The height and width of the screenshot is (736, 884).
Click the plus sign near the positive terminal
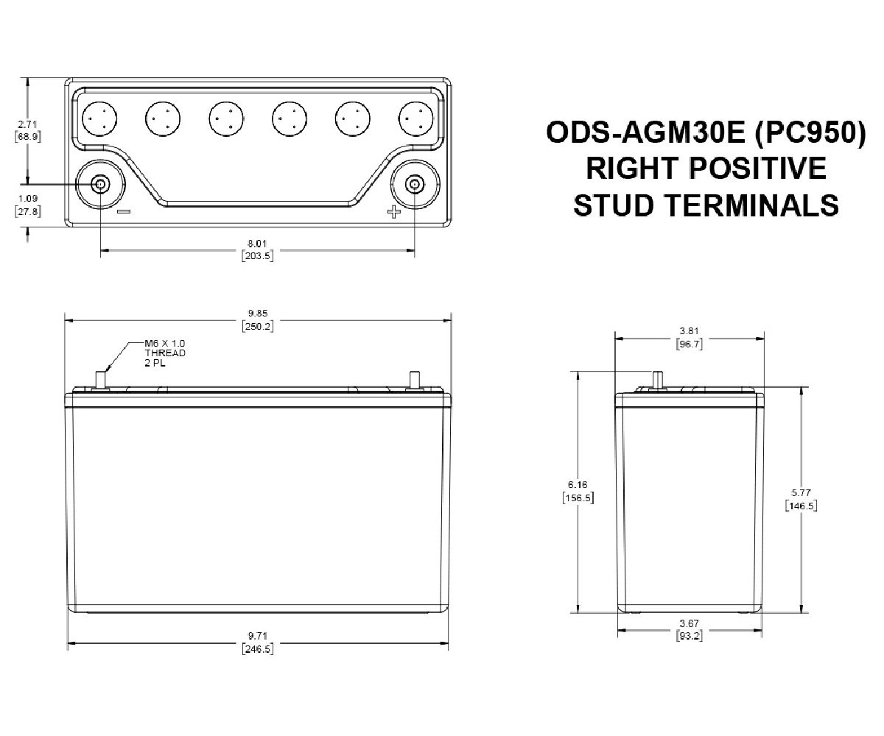pos(393,213)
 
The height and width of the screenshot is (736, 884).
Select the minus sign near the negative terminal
pos(123,212)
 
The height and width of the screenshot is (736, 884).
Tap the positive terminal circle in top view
pos(415,184)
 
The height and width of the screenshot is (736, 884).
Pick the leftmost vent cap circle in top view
pos(100,118)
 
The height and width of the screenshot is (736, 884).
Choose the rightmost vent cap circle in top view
pos(415,118)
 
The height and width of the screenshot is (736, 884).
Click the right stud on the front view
pos(413,380)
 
